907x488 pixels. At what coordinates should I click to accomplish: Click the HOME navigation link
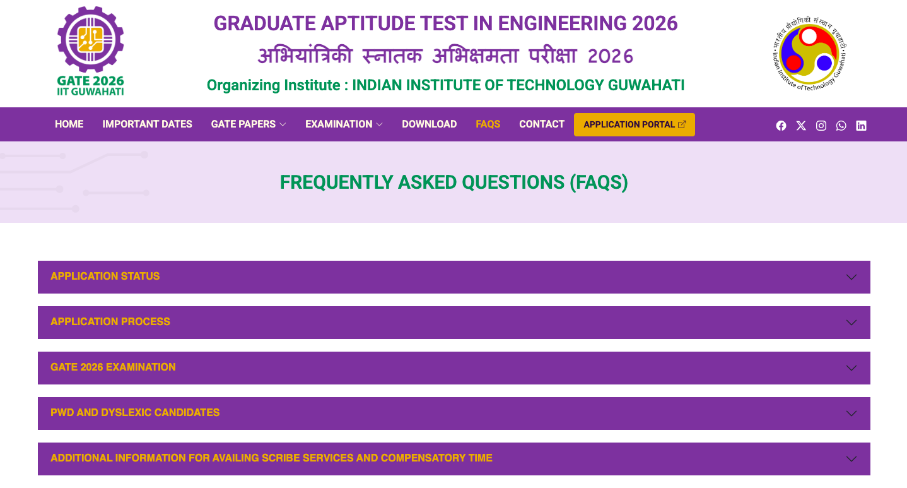(69, 124)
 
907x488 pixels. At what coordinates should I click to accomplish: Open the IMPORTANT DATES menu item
(147, 124)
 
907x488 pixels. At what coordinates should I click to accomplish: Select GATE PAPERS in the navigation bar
(249, 124)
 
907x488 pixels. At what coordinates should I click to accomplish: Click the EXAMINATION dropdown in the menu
(344, 124)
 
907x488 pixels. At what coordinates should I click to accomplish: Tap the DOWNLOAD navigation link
(429, 124)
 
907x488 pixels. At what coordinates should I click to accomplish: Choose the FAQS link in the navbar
(488, 124)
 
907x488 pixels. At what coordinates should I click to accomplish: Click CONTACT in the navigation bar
(542, 124)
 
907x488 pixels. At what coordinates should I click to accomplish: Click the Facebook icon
(781, 126)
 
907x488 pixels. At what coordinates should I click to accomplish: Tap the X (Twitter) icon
(801, 126)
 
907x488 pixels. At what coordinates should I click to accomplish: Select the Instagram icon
(821, 126)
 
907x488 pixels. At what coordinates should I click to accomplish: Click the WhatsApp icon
(841, 126)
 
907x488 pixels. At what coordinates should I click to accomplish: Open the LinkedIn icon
(861, 126)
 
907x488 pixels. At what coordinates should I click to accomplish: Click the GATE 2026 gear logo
(90, 40)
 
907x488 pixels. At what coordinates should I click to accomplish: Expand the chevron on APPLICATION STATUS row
(851, 277)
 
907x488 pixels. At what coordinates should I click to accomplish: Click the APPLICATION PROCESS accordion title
(110, 322)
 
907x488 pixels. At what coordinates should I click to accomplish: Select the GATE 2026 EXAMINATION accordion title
(113, 367)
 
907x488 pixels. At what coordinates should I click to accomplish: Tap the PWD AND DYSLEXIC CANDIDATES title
(135, 413)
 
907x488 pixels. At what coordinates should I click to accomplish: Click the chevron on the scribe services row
(851, 459)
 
